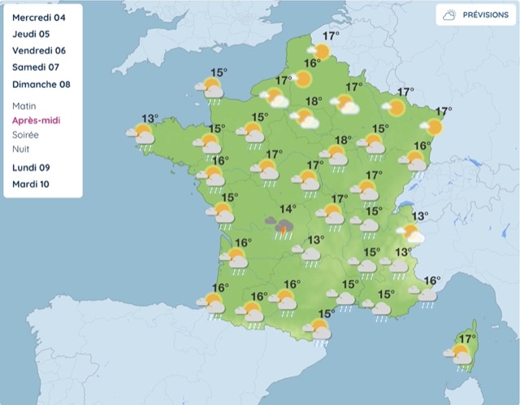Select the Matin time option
click(25, 106)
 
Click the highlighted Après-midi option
click(37, 120)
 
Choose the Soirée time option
click(28, 135)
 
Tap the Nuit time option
click(23, 150)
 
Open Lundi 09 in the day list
click(32, 168)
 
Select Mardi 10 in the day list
click(32, 184)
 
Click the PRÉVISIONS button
click(475, 15)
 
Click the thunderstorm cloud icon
click(284, 225)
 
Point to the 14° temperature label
click(288, 208)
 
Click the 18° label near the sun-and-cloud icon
click(314, 102)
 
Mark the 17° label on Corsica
click(468, 339)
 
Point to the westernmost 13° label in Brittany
click(150, 119)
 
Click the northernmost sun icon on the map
click(322, 52)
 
